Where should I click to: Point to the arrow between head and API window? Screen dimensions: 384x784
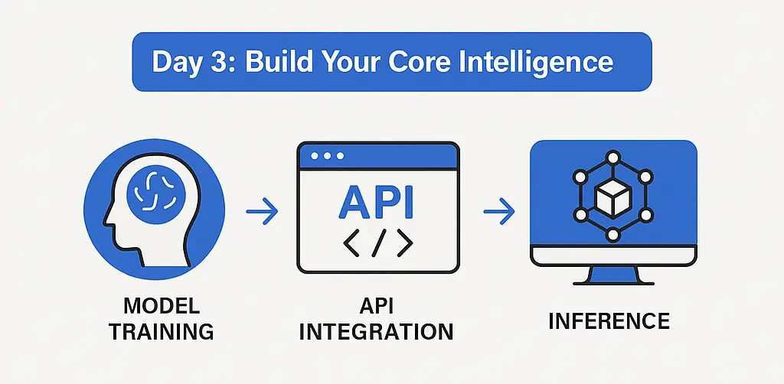[x=263, y=213]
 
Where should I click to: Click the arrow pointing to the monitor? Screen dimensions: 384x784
[x=498, y=213]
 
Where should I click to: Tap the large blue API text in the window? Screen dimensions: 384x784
[x=377, y=200]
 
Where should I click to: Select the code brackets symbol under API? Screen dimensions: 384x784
[x=377, y=242]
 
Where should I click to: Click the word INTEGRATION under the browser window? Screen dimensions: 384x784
[x=376, y=332]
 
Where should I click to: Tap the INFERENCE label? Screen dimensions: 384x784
[x=609, y=320]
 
